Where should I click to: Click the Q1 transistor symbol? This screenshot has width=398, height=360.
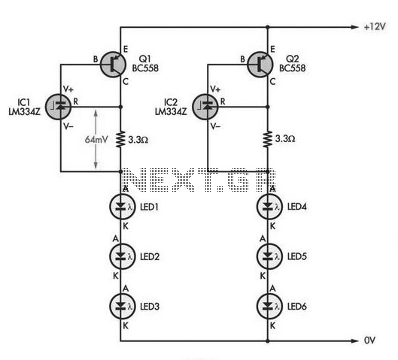[113, 65]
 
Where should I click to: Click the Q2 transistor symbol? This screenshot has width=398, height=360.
[260, 65]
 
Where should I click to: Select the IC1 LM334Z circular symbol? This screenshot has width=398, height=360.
[59, 107]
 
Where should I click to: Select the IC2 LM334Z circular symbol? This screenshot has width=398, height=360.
[205, 107]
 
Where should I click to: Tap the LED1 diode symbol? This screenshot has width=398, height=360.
[122, 207]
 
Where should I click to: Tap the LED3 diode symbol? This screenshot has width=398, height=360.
[122, 306]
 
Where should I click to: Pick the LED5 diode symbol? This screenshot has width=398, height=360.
[269, 256]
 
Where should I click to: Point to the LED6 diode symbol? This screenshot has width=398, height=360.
[269, 306]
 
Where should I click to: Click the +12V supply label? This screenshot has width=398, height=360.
[375, 26]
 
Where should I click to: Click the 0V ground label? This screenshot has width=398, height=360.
[369, 340]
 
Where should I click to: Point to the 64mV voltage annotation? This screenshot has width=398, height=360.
[96, 140]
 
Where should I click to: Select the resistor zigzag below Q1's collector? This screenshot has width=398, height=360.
[120, 139]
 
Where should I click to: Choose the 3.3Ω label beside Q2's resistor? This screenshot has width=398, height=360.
[285, 139]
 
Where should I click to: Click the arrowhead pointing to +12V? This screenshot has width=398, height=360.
[354, 27]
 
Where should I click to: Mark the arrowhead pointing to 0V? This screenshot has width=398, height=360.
[354, 341]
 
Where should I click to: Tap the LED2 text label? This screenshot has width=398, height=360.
[150, 257]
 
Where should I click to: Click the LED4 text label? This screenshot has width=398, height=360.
[297, 207]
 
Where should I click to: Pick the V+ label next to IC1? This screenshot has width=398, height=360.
[68, 89]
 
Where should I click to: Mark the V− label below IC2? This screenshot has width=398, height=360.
[215, 126]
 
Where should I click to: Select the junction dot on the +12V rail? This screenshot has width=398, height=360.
[268, 27]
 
